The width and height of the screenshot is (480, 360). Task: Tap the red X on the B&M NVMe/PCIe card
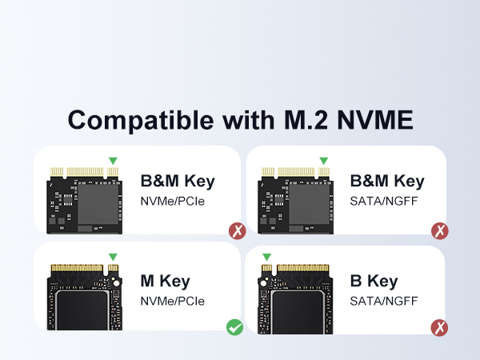tap(236, 232)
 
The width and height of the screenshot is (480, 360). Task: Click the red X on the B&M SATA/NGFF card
tap(439, 232)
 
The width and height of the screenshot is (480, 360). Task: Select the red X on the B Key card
tap(439, 327)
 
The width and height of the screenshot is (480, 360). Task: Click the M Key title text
tap(166, 281)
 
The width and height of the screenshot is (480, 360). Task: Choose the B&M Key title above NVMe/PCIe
tap(178, 181)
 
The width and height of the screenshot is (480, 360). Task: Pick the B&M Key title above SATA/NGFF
tap(387, 181)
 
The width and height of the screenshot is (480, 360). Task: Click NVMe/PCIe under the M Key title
tap(173, 302)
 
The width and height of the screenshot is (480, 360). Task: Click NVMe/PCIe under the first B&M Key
tap(173, 201)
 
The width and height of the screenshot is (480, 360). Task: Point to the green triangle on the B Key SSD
tap(266, 258)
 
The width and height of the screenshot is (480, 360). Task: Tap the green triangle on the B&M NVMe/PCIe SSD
tap(114, 161)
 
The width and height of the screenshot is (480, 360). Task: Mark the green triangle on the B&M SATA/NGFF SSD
tap(323, 161)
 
